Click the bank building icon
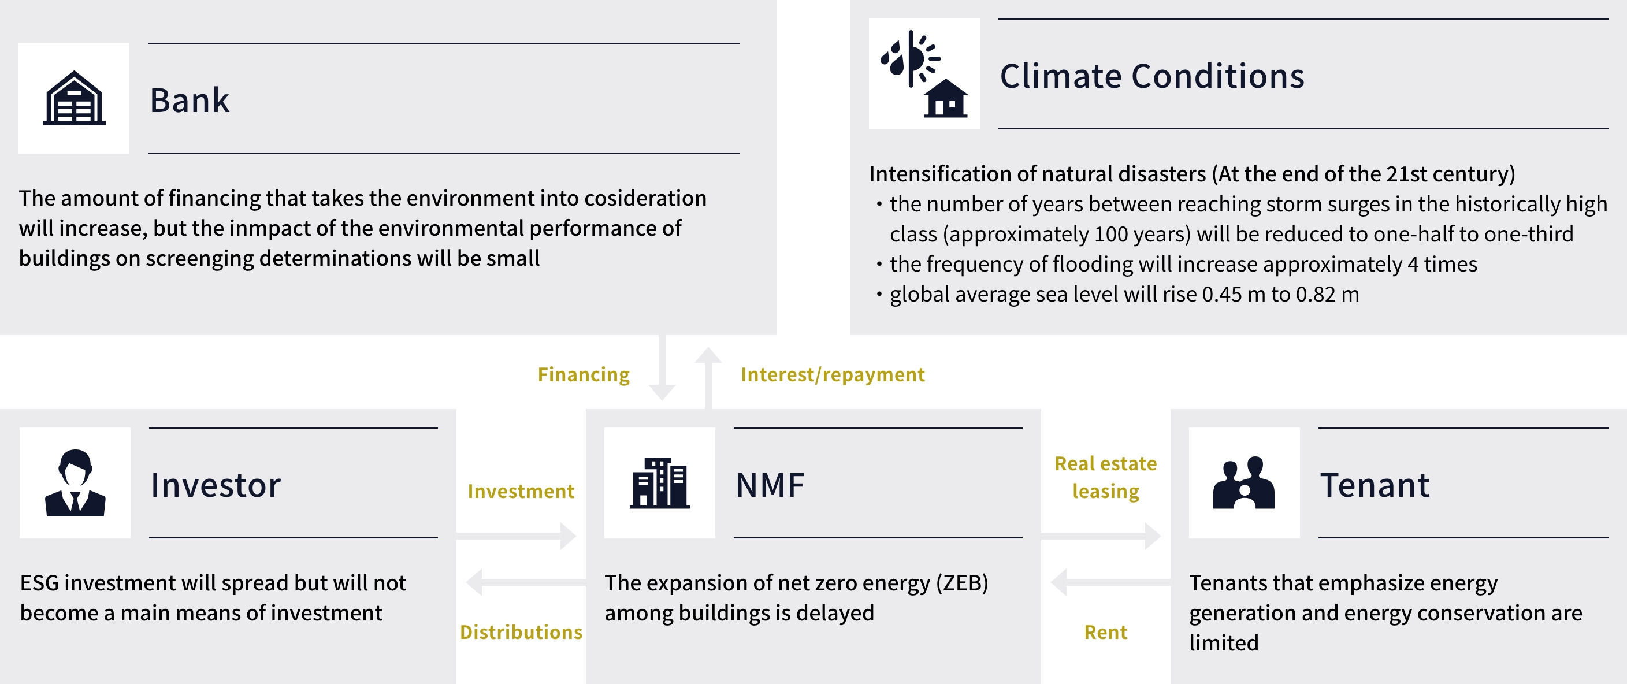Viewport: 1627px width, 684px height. (x=74, y=98)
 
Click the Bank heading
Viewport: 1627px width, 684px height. (x=190, y=100)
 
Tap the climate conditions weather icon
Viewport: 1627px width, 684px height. (x=924, y=74)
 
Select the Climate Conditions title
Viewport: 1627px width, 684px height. (x=1152, y=76)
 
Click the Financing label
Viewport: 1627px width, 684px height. (x=584, y=374)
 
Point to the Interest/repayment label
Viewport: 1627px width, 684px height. (x=833, y=374)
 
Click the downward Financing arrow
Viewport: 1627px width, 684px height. (x=662, y=367)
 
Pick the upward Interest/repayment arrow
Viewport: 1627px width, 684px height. (x=708, y=378)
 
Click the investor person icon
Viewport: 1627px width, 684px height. (x=75, y=483)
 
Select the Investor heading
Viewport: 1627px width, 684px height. (x=216, y=485)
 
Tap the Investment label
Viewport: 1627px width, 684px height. (x=521, y=492)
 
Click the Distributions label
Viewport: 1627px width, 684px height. (x=521, y=632)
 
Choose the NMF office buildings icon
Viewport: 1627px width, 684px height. (x=659, y=483)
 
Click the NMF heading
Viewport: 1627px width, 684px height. (x=770, y=485)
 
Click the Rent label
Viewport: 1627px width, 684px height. (x=1106, y=632)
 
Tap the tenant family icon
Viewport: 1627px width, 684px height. (x=1243, y=482)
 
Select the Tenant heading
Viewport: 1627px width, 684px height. (x=1375, y=485)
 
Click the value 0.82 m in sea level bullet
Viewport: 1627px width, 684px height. (x=1328, y=294)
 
